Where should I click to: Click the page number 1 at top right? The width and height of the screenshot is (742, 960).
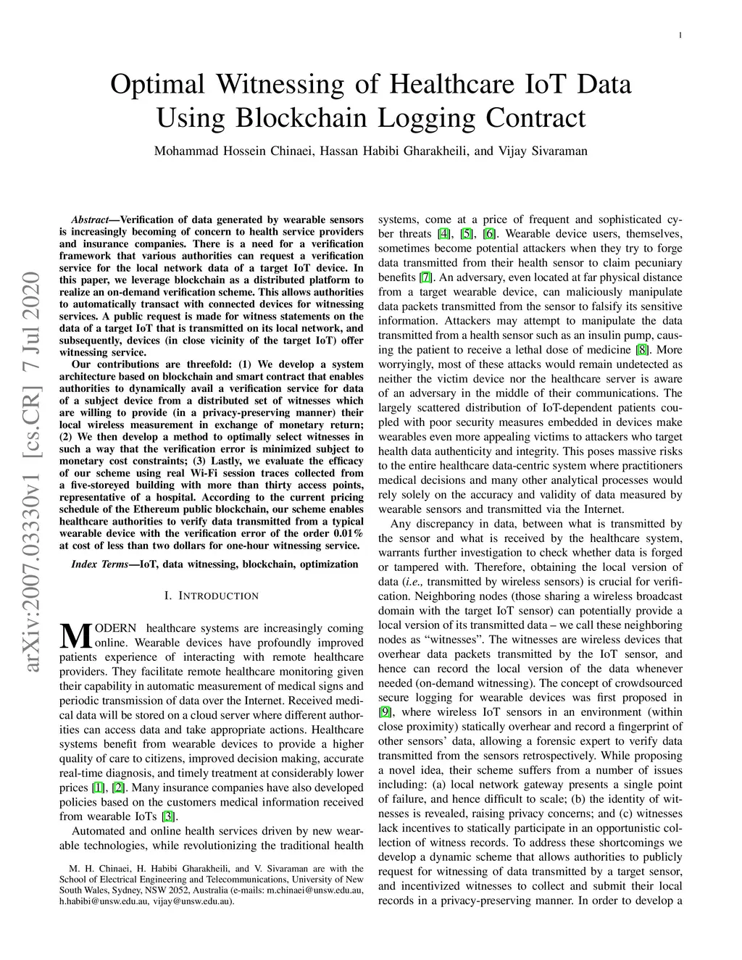click(680, 36)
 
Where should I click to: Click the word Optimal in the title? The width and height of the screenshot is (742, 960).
click(158, 83)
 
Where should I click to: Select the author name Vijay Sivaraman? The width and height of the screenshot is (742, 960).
click(543, 151)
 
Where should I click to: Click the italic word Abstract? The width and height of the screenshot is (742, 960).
click(90, 220)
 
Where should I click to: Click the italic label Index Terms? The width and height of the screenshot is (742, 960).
click(100, 564)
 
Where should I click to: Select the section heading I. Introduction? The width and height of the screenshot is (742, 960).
click(212, 596)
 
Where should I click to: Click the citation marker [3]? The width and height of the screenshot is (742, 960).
click(168, 816)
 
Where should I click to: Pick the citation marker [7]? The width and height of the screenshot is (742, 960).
click(425, 277)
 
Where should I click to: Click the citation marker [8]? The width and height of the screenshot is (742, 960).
click(642, 350)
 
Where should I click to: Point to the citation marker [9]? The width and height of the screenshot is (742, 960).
click(385, 711)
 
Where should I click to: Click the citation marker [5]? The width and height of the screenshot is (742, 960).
click(467, 234)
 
